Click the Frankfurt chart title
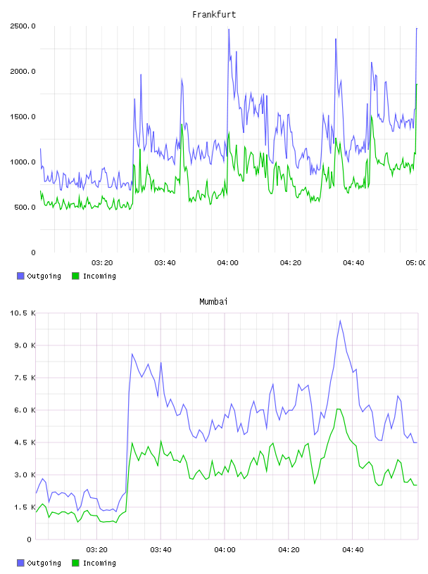click(x=214, y=14)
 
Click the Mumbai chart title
click(x=213, y=301)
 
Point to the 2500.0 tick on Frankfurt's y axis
click(x=23, y=26)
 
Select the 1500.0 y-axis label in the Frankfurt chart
click(x=23, y=117)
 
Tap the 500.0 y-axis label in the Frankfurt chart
click(x=25, y=208)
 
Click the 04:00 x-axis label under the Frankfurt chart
click(x=227, y=262)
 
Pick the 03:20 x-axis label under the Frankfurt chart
click(x=102, y=262)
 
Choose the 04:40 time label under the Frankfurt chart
click(x=353, y=262)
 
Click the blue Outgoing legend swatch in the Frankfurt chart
click(x=20, y=276)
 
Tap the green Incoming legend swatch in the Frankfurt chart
click(x=75, y=276)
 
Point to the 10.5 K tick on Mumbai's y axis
click(x=23, y=313)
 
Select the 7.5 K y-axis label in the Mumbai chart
click(x=25, y=378)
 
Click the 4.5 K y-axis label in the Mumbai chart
click(x=25, y=442)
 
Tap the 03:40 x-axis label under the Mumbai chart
click(x=160, y=549)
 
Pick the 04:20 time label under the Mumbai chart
click(x=289, y=549)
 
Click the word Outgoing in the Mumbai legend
click(x=44, y=563)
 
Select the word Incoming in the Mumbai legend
click(x=99, y=563)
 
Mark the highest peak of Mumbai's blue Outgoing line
click(x=340, y=321)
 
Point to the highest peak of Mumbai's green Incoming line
click(x=338, y=409)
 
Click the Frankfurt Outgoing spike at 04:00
click(x=229, y=30)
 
